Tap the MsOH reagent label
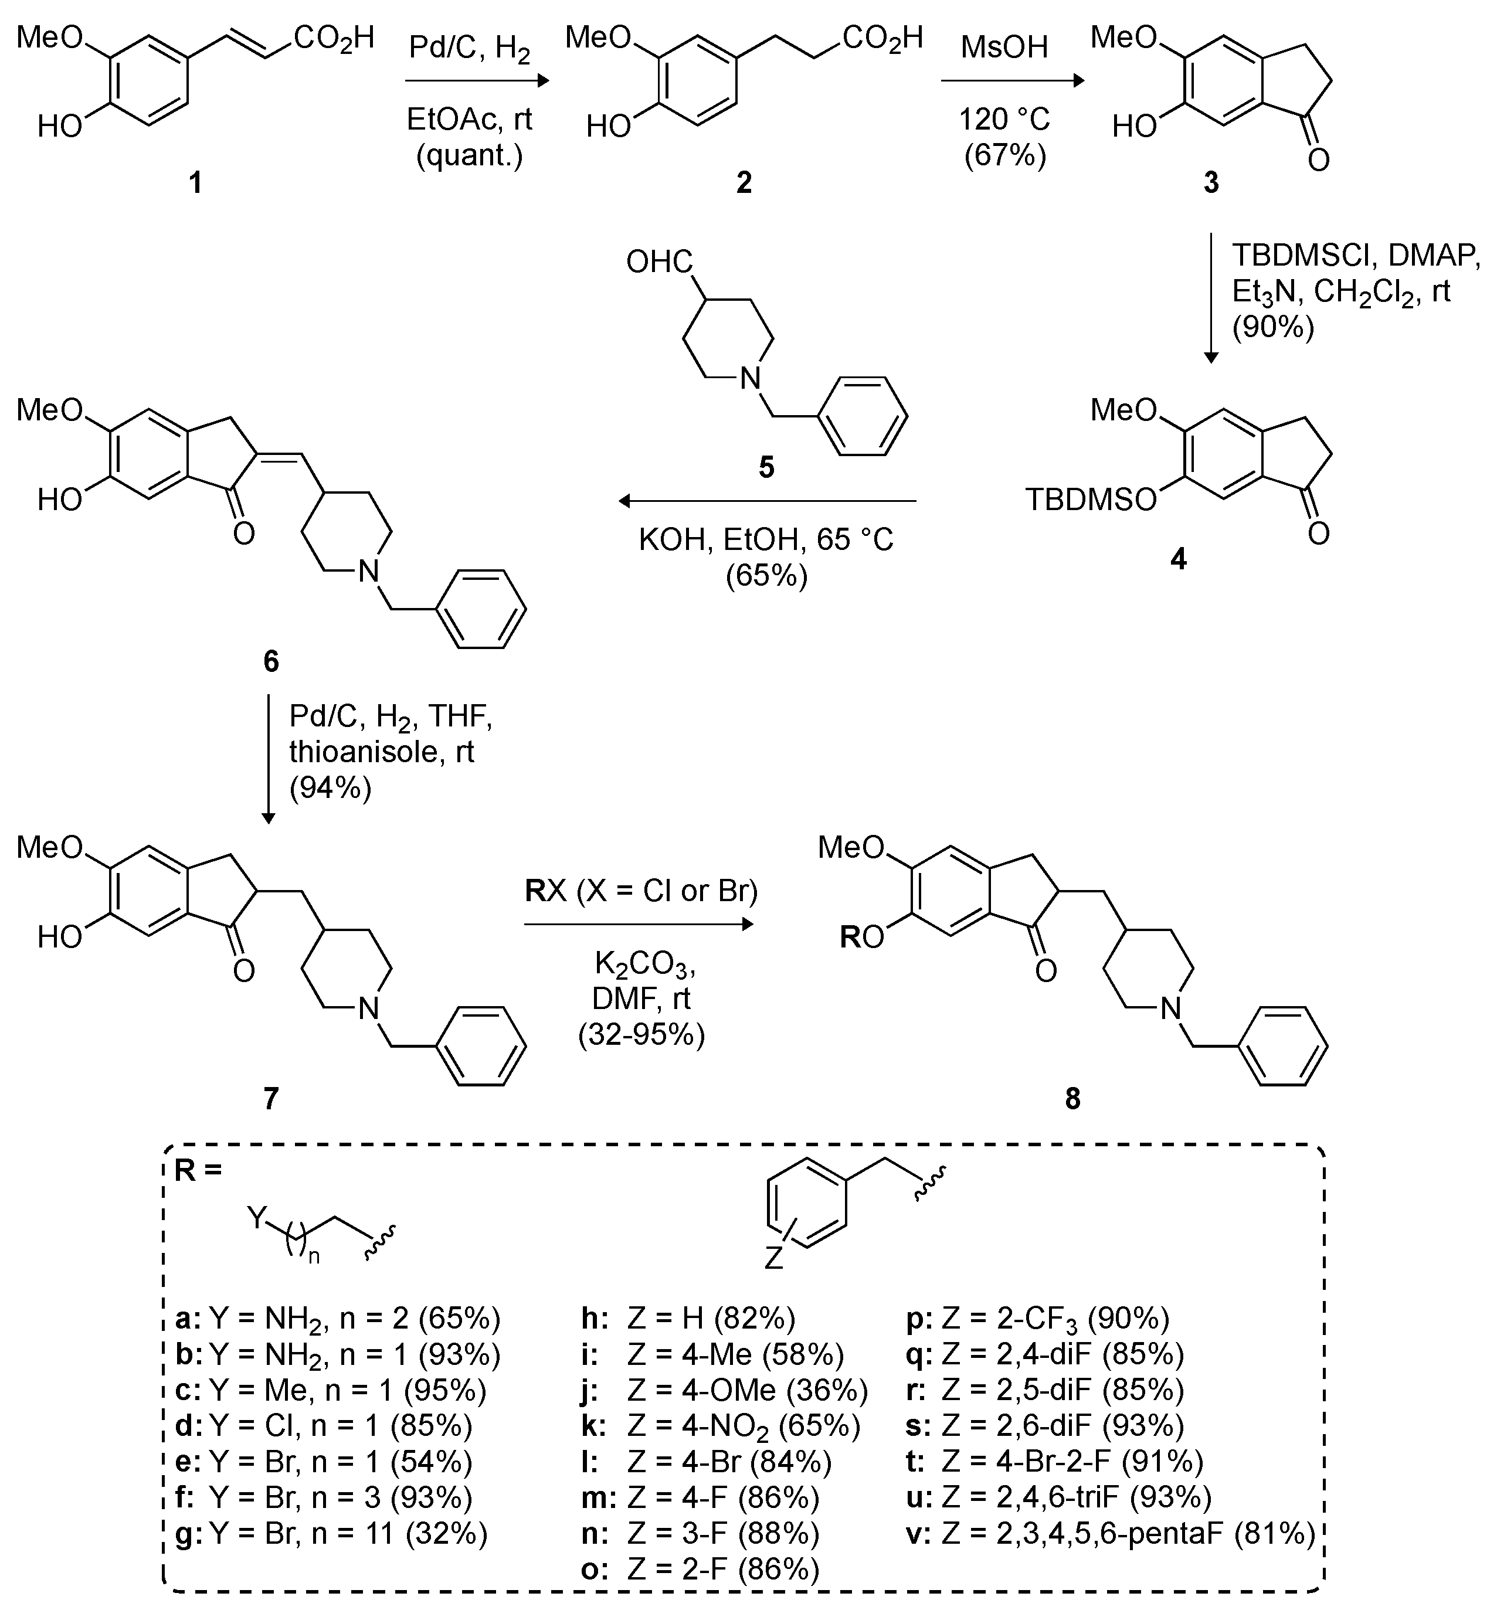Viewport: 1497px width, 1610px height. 1004,47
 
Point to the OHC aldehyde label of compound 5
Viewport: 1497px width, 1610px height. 660,261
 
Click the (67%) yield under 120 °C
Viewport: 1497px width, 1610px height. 1004,154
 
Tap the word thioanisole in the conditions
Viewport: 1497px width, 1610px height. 382,752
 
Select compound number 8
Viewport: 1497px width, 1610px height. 1072,1099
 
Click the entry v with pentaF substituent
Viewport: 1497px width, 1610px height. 1110,1534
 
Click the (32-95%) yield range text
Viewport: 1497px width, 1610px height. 641,1035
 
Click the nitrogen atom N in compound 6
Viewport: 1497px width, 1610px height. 369,572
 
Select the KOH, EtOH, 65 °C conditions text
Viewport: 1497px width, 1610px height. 766,540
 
